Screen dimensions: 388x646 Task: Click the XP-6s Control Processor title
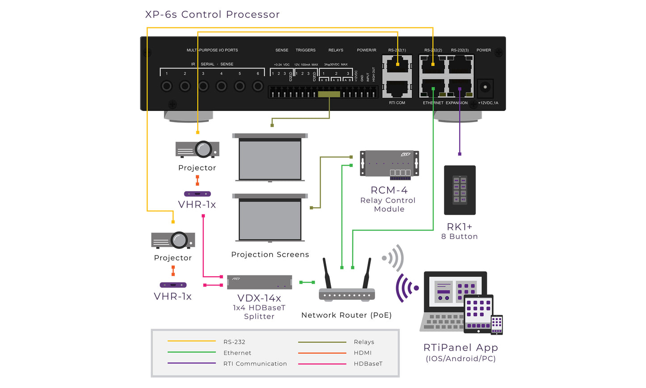[212, 14]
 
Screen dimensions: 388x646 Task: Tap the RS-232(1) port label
[397, 50]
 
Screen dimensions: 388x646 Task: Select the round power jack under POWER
[485, 88]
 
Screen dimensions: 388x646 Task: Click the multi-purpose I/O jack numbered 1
[167, 85]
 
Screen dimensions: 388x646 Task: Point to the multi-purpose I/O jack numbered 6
[258, 85]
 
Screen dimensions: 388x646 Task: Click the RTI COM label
[397, 103]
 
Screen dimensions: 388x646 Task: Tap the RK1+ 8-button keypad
[460, 190]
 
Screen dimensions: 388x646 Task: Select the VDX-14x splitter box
[259, 282]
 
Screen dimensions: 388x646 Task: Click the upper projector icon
[198, 149]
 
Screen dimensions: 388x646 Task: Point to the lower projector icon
[173, 240]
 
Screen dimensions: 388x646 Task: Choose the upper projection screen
[270, 158]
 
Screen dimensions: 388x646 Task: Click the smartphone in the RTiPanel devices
[497, 324]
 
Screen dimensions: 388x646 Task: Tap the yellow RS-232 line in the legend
[191, 341]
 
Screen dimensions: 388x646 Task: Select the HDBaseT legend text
[368, 364]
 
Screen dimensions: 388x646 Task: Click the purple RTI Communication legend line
[191, 363]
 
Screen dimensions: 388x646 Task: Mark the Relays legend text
[364, 342]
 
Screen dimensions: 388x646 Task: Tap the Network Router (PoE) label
[346, 315]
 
